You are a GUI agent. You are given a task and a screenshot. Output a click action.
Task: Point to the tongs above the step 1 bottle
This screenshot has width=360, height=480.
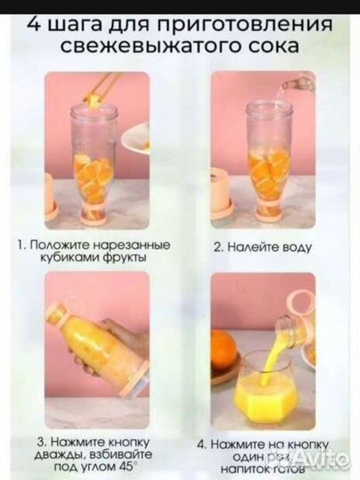[x=103, y=86]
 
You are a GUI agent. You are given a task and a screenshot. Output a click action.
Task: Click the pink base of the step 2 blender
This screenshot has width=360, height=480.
[x=268, y=214]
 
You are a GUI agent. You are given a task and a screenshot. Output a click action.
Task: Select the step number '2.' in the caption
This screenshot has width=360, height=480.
[x=219, y=250]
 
